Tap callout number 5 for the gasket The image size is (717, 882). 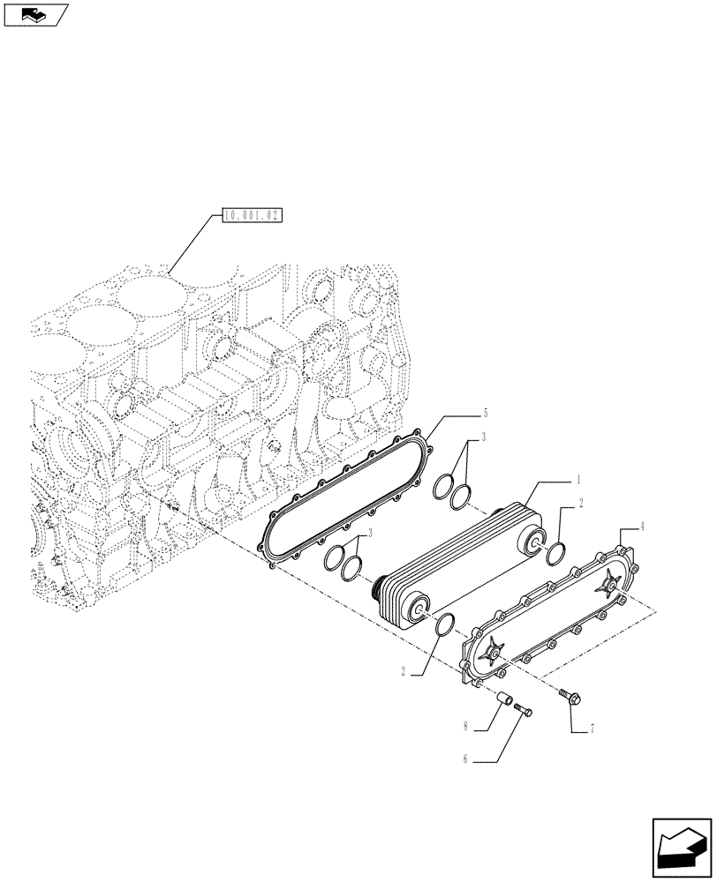coord(485,413)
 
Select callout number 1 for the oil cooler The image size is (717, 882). coord(577,482)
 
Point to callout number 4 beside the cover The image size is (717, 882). coord(642,527)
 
